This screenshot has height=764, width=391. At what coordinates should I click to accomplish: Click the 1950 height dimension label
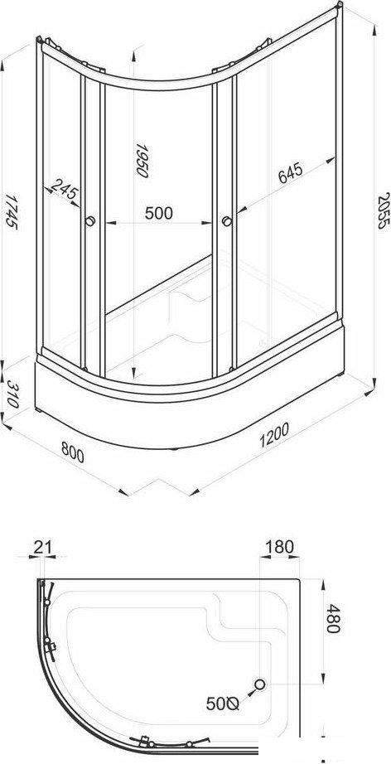coord(141,160)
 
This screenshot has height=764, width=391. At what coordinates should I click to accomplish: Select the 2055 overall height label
coord(384,210)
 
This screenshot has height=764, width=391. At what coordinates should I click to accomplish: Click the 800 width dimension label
coord(73,453)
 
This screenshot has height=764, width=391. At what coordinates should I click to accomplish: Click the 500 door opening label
coord(159,213)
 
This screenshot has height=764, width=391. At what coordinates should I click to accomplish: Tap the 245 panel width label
coord(65,190)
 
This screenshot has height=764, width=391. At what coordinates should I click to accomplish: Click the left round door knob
coord(90,221)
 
